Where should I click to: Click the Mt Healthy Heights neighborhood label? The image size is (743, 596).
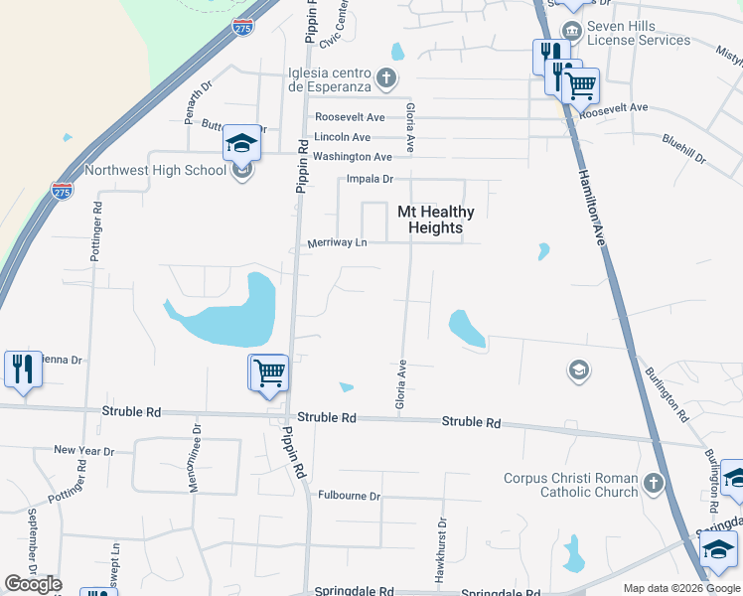click(x=436, y=220)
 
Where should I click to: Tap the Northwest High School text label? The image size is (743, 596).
click(x=156, y=170)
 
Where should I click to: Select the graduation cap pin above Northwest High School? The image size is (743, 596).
click(x=241, y=143)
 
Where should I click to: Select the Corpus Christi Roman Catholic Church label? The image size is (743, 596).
click(x=570, y=485)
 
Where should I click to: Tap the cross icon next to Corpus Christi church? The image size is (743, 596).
click(x=653, y=484)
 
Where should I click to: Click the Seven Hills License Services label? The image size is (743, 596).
click(x=638, y=33)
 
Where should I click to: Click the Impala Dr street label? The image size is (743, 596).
click(x=371, y=179)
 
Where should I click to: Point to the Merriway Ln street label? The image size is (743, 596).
click(x=338, y=242)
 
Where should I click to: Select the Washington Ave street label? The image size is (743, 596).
click(x=353, y=157)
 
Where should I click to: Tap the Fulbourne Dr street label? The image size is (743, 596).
click(x=350, y=495)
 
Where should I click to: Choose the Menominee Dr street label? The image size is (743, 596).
click(x=197, y=459)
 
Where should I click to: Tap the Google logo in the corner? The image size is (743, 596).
click(x=32, y=584)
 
